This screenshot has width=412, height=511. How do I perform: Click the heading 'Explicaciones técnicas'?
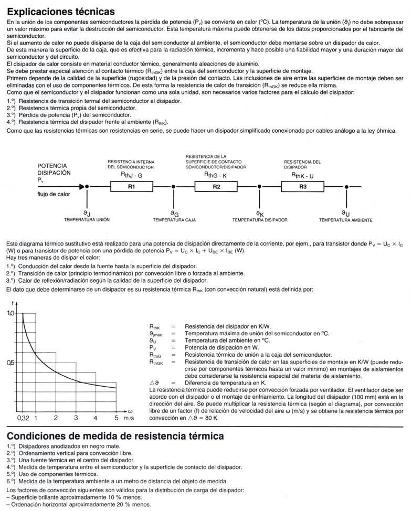point(61,10)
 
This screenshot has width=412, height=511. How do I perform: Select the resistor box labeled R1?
point(131,187)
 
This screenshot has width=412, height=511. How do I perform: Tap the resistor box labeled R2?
point(216,187)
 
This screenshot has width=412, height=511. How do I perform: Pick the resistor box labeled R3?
point(303,187)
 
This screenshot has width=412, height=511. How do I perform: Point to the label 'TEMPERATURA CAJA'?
point(175,220)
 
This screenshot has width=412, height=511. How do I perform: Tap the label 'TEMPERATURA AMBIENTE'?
point(345,220)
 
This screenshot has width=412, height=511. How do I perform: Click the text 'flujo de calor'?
point(53,194)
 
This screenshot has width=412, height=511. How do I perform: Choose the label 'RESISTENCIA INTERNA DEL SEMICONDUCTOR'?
point(131,164)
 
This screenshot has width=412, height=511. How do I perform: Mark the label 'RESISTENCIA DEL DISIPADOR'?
point(302,164)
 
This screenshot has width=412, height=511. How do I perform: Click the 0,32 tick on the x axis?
point(23,418)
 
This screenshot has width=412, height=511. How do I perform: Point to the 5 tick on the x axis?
point(116,418)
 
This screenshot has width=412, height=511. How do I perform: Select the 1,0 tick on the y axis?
point(12,313)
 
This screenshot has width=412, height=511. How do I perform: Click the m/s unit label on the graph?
point(129,418)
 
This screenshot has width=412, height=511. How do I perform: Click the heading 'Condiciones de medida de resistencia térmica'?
point(115,436)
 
